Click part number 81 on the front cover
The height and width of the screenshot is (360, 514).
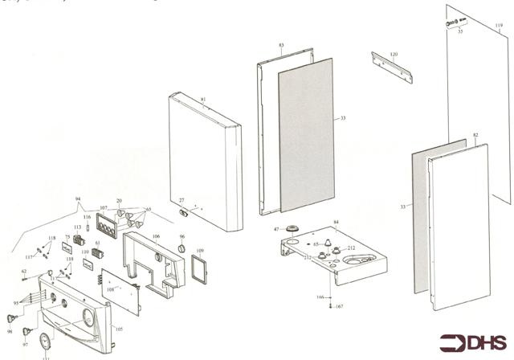click(203, 100)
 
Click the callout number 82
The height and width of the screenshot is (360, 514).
click(475, 136)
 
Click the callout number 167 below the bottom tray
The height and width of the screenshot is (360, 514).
click(340, 307)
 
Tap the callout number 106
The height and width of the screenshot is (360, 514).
click(156, 236)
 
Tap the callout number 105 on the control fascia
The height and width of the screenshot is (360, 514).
click(118, 329)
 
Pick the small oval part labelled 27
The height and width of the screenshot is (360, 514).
click(182, 212)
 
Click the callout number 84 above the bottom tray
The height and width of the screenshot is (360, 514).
click(336, 221)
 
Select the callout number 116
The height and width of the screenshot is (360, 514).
click(87, 217)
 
